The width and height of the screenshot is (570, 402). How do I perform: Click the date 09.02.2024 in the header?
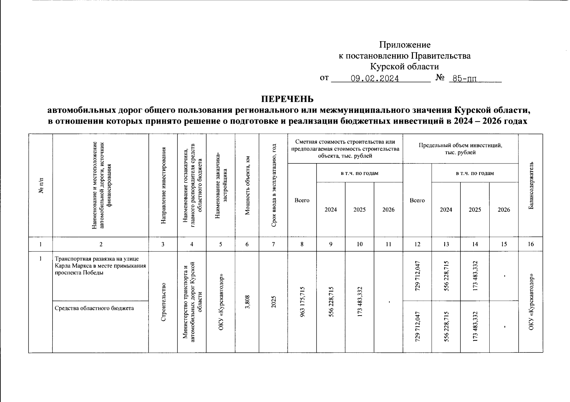click(x=374, y=79)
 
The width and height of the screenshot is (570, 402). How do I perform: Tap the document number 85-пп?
click(x=465, y=79)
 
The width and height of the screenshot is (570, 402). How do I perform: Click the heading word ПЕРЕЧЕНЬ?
click(x=287, y=99)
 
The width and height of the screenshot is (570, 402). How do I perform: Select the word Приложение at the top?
click(x=405, y=45)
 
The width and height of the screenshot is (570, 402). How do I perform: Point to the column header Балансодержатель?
click(x=530, y=186)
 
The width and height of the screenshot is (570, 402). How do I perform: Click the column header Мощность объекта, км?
click(x=247, y=186)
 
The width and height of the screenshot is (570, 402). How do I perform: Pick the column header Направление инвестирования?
click(x=163, y=186)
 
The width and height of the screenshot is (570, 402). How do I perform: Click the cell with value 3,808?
click(x=247, y=302)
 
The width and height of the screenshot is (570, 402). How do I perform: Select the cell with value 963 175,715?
click(x=302, y=302)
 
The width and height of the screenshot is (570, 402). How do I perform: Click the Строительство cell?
click(x=163, y=302)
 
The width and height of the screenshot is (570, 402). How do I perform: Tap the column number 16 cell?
click(x=530, y=244)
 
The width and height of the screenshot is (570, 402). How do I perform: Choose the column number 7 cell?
click(x=273, y=244)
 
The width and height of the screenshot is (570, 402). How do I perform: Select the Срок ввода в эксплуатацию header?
click(x=273, y=186)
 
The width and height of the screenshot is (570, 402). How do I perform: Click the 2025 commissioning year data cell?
click(x=273, y=302)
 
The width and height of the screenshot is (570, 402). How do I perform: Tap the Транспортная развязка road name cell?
click(x=100, y=265)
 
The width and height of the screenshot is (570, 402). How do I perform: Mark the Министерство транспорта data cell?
click(x=192, y=302)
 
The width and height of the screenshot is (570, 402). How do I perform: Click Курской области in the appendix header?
click(x=405, y=66)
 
